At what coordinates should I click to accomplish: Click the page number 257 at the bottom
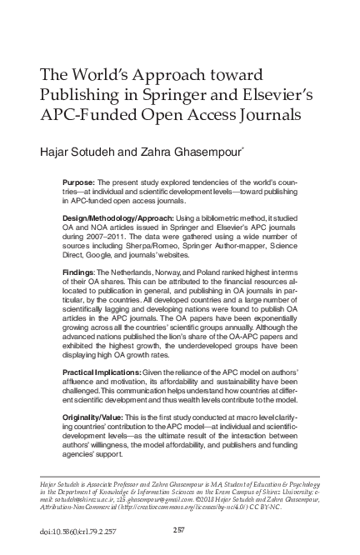click(178, 528)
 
